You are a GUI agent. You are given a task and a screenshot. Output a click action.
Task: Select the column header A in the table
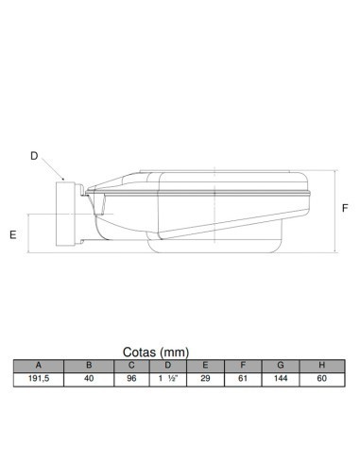click(x=39, y=365)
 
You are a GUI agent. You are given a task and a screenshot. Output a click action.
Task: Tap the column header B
click(x=89, y=365)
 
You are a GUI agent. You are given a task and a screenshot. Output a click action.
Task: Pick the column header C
click(x=132, y=365)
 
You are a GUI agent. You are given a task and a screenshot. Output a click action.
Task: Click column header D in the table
click(x=168, y=365)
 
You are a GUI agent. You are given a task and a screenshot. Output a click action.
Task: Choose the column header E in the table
click(x=206, y=365)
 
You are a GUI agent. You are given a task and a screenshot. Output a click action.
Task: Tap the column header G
click(x=281, y=365)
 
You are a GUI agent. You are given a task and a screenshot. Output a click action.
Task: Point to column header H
click(x=322, y=365)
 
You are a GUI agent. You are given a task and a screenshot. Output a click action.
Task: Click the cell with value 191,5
click(x=39, y=378)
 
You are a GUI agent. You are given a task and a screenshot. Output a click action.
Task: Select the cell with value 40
click(x=89, y=378)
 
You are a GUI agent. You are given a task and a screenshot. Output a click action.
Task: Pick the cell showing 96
click(x=132, y=378)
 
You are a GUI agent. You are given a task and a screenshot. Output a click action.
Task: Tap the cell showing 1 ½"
click(x=168, y=378)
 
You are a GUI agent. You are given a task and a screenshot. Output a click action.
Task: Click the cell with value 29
click(x=206, y=378)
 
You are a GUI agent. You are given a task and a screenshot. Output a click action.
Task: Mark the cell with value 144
click(x=281, y=378)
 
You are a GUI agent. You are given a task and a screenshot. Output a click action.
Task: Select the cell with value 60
click(x=322, y=378)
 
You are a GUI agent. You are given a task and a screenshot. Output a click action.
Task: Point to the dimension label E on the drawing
click(x=14, y=233)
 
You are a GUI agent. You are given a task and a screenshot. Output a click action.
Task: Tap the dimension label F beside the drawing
click(x=346, y=207)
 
